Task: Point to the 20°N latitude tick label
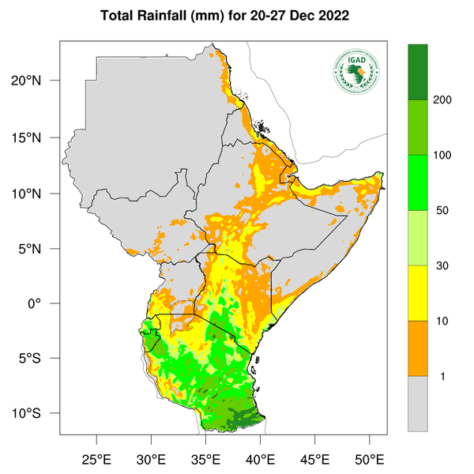(x=37, y=81)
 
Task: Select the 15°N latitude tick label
(x=37, y=137)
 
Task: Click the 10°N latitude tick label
(x=37, y=194)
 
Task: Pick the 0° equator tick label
(x=45, y=303)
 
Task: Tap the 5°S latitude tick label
(x=39, y=358)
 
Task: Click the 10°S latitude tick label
(x=37, y=414)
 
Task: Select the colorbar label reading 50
(x=440, y=211)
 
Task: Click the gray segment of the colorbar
(x=417, y=404)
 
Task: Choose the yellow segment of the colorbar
(x=417, y=293)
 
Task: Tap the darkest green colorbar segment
(x=417, y=72)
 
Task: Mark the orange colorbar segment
(x=417, y=348)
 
